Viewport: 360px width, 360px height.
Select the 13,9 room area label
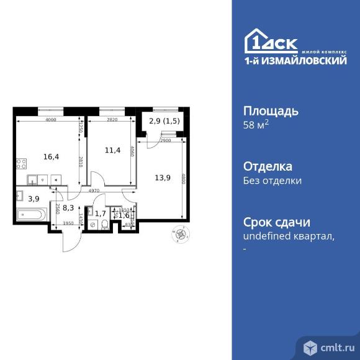pos(163,178)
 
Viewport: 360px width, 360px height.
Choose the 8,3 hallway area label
pos(70,209)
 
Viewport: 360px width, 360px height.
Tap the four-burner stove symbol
pos(21,165)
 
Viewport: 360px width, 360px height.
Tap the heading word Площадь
pos(270,112)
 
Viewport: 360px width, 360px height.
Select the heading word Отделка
pos(268,167)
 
